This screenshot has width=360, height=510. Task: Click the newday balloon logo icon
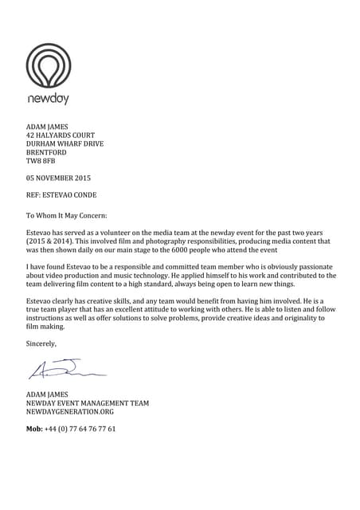coord(48,65)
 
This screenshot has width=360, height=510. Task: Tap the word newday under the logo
coord(49,100)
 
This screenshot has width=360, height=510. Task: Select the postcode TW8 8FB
coord(42,162)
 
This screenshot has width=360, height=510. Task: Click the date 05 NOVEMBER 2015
coord(59,178)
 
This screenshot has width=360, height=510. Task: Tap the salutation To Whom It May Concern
coord(67,214)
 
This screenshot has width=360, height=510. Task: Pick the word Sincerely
coord(41,343)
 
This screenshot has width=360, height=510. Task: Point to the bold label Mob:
coord(34,429)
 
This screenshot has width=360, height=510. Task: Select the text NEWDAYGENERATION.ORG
coord(70,412)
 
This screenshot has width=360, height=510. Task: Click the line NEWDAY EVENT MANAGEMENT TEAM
coord(88,403)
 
